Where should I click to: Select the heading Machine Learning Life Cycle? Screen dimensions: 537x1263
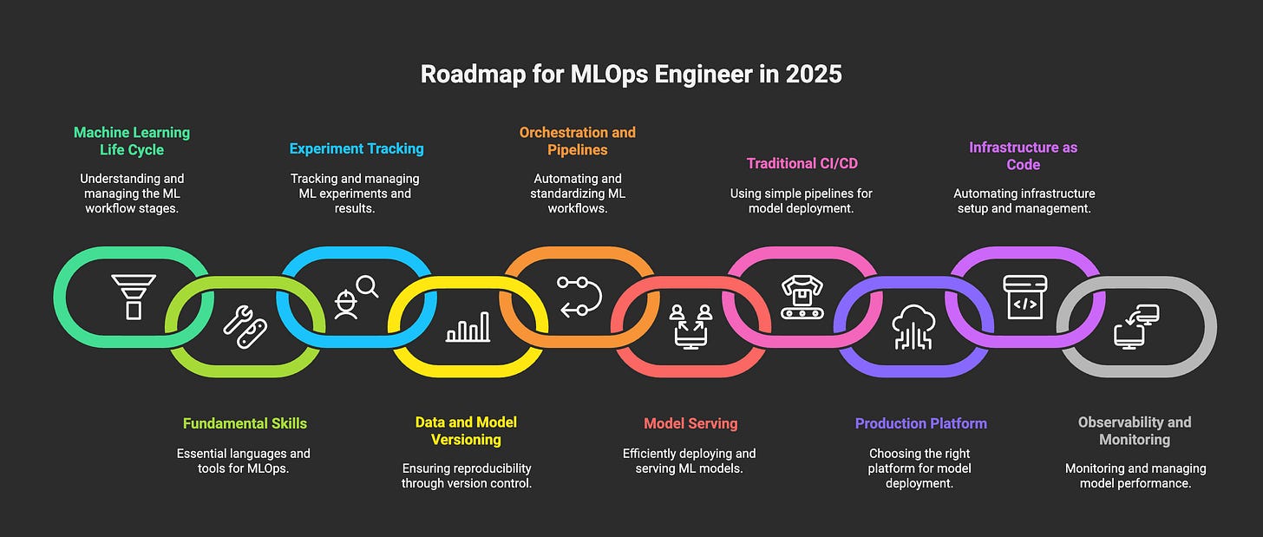(132, 141)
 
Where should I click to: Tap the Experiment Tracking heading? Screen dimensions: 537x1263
(357, 148)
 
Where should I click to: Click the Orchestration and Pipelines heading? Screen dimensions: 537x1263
(577, 141)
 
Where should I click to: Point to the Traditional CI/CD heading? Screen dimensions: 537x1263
(802, 163)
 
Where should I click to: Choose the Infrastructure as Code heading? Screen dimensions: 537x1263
(1024, 156)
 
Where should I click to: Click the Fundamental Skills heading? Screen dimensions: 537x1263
(245, 423)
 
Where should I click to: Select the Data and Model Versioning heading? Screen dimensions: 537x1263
(466, 431)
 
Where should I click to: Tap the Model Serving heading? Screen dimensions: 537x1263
(690, 423)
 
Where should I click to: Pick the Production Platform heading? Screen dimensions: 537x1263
(921, 423)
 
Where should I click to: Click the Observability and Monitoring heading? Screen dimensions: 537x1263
(1135, 431)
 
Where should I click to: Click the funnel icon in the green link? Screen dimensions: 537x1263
(133, 296)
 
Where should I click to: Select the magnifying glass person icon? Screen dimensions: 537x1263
(356, 296)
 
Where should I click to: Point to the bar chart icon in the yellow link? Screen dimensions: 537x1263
(468, 327)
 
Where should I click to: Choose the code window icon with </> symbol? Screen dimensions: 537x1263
(1024, 297)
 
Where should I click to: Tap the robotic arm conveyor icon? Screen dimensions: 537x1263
(802, 297)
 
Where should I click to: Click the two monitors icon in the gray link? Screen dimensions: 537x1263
(1136, 325)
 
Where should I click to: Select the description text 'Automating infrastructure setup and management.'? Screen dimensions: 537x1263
(1024, 201)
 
